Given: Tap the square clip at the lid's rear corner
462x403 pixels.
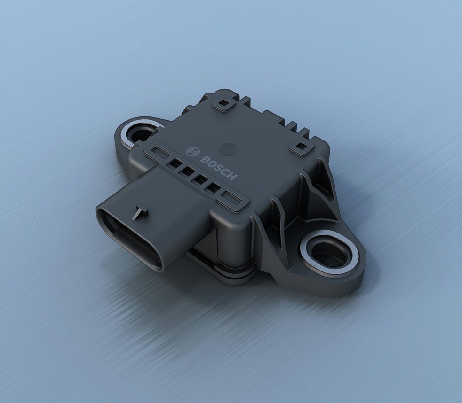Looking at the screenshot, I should coord(223,104).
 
